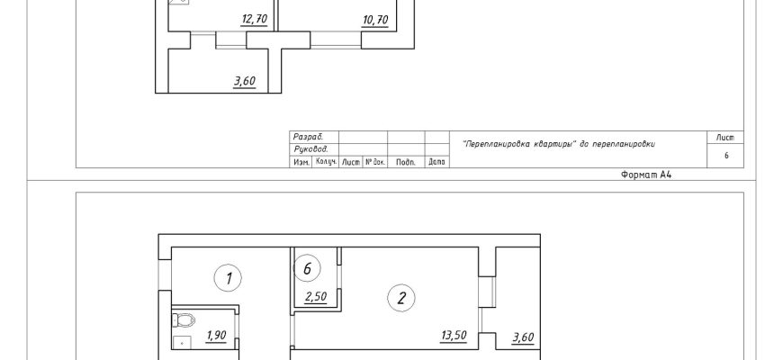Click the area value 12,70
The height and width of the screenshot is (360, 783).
pos(255,20)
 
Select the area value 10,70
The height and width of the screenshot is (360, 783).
pos(375,21)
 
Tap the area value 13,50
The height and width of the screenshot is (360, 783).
pos(454,336)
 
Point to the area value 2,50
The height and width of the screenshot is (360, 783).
pos(316,297)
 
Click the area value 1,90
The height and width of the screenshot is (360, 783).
pos(216,336)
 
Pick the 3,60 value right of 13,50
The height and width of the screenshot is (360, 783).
pos(523,338)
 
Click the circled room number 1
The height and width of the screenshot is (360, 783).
pos(228,278)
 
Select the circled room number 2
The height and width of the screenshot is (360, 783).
pos(401,298)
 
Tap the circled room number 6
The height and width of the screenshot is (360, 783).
pos(307,269)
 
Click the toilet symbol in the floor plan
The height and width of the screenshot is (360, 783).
pos(184,319)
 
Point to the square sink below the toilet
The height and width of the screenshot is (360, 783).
pos(183,343)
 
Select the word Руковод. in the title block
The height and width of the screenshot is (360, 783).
pos(310,149)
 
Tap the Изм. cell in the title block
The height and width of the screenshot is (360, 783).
pos(301,162)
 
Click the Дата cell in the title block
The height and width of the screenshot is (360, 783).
pos(436,162)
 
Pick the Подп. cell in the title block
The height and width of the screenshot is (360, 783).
pos(406,162)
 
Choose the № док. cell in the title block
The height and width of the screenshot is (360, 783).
pos(375,162)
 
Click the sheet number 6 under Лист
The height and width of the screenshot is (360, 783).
pos(726,156)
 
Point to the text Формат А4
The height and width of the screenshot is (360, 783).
pos(647,175)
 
